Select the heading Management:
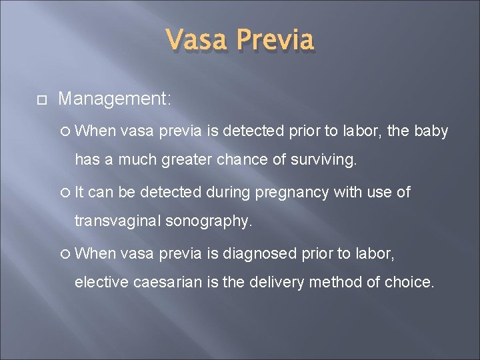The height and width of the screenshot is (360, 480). tap(115, 99)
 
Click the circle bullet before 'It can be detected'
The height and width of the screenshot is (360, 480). tap(65, 193)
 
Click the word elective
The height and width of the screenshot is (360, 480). tap(102, 282)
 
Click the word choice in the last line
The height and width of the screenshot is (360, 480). tap(407, 282)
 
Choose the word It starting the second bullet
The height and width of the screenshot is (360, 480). tap(79, 193)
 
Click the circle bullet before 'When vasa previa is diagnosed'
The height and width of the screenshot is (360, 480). tap(65, 254)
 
